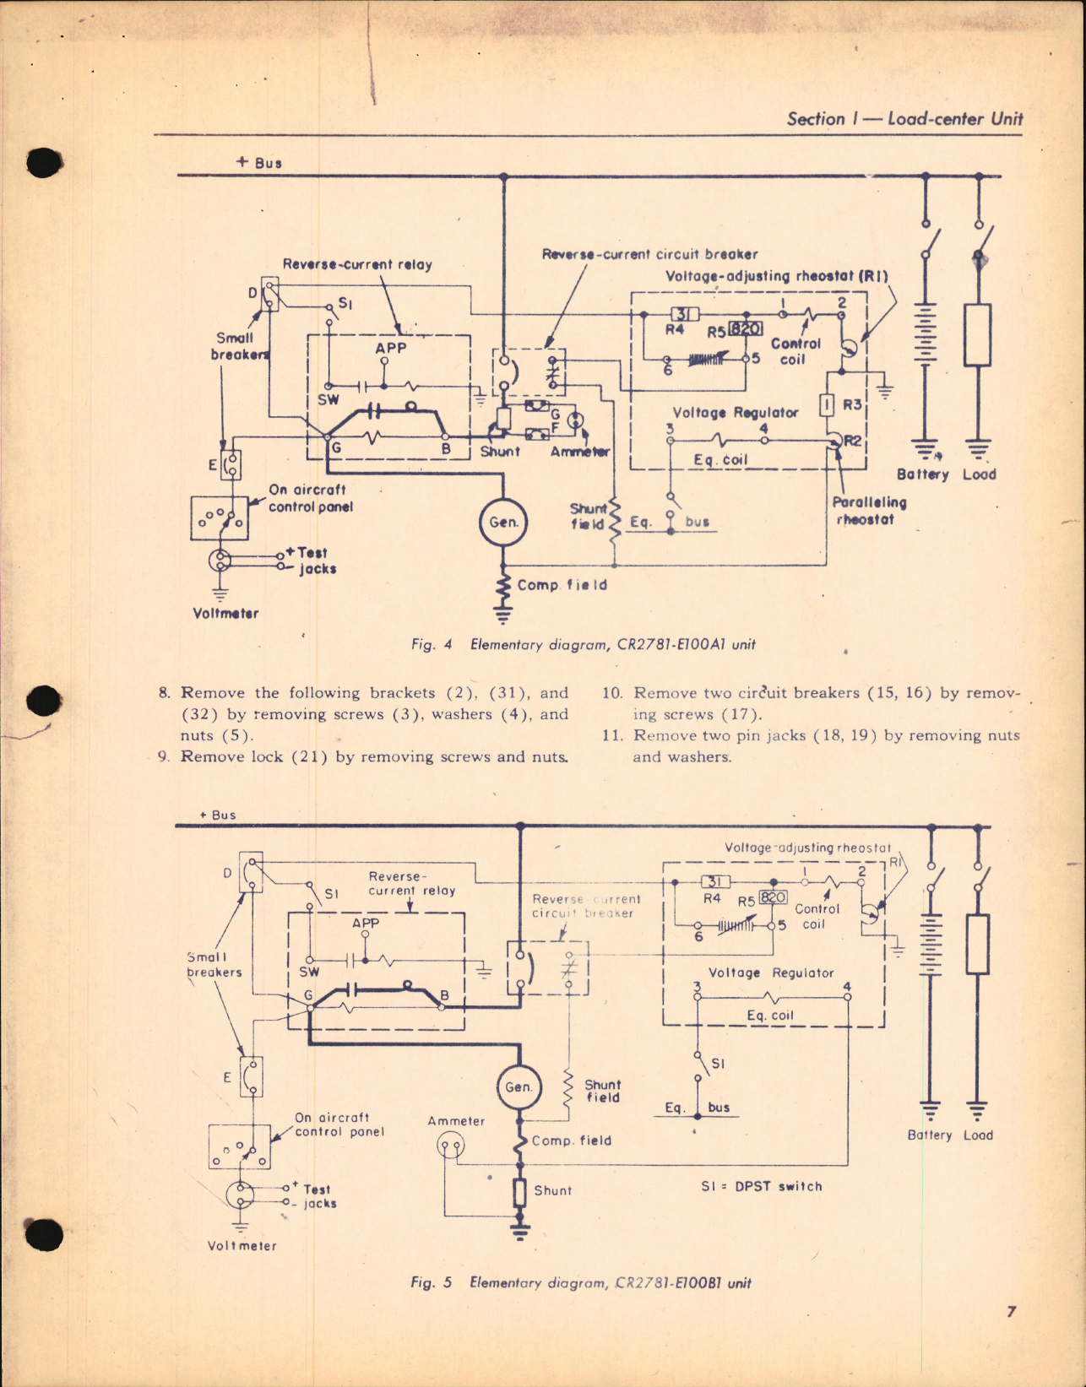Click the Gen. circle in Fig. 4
[503, 522]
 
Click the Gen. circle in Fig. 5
[519, 1086]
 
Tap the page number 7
[1011, 1311]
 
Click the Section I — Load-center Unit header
[904, 119]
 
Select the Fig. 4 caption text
[583, 644]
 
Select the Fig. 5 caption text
[580, 1283]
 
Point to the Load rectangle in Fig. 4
[977, 335]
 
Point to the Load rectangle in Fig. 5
[977, 944]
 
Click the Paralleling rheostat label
[869, 511]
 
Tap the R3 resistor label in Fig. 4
[852, 405]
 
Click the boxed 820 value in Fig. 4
[746, 329]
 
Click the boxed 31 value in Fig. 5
[715, 881]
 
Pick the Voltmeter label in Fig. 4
[225, 613]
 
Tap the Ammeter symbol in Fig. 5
[450, 1146]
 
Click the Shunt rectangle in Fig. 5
[520, 1192]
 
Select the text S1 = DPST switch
[761, 1186]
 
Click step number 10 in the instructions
[612, 693]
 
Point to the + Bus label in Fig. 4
[258, 162]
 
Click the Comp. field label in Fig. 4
[562, 585]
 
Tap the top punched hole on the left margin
[44, 162]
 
